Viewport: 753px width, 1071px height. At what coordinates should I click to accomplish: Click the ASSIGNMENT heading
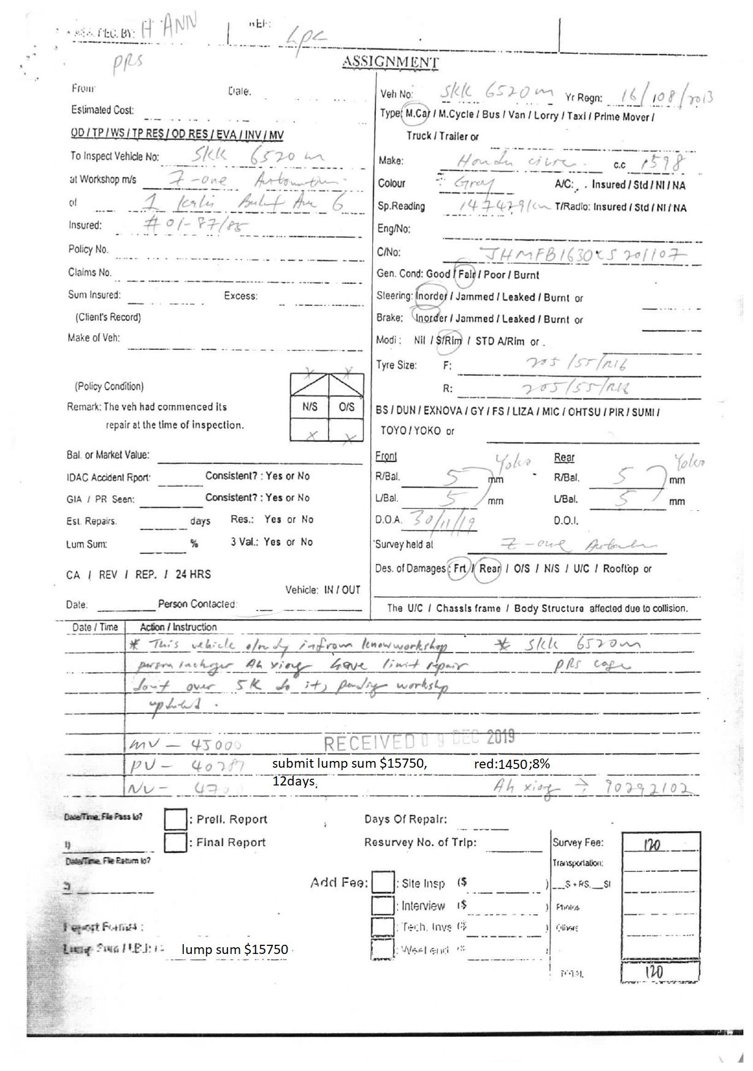(390, 62)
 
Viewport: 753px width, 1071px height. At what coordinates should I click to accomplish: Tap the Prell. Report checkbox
(175, 819)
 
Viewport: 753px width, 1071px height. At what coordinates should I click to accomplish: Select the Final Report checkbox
(175, 842)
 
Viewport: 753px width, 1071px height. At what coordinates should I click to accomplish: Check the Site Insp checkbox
(383, 882)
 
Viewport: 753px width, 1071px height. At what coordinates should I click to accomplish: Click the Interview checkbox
(383, 905)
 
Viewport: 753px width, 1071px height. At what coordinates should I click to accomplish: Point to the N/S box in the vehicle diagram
(310, 407)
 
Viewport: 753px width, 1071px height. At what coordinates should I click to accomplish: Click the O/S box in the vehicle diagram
(346, 407)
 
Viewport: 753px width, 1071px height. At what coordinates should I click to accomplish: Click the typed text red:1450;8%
(512, 764)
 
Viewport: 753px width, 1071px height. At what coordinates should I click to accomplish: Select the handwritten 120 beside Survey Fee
(652, 846)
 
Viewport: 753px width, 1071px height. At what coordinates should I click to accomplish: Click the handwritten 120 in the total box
(654, 972)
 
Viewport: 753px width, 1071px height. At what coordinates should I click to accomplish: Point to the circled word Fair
(466, 274)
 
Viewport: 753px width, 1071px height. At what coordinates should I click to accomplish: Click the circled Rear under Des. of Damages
(490, 569)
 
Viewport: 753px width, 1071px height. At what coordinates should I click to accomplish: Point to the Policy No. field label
(88, 249)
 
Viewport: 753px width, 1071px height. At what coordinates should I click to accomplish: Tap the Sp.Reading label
(401, 206)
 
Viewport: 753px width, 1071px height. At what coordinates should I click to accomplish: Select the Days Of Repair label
(405, 819)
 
